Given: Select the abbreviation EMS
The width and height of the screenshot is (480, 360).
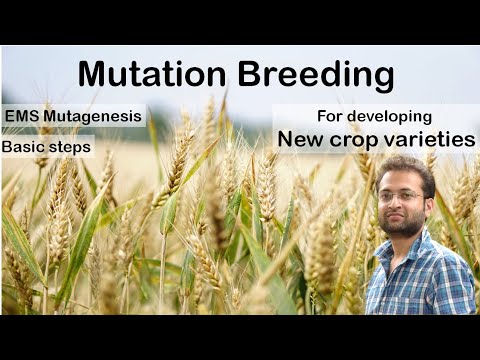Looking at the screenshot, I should [x=23, y=116].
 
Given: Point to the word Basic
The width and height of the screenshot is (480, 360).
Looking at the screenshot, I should [x=25, y=146].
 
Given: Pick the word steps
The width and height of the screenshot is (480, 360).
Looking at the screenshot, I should [x=70, y=147].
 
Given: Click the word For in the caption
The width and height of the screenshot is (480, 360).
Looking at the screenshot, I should [x=330, y=116].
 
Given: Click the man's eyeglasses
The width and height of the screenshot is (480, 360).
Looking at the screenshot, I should [x=402, y=196].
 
